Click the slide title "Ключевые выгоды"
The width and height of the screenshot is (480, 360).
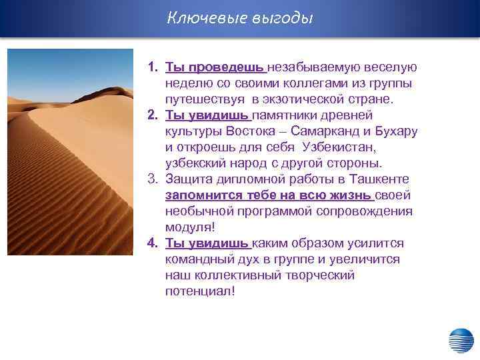(x=239, y=18)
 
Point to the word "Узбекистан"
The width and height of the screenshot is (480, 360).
(x=340, y=147)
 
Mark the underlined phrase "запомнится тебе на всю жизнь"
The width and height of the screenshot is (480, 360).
(x=269, y=195)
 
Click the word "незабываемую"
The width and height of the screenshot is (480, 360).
(x=311, y=67)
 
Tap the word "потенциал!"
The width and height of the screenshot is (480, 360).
(x=200, y=291)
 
